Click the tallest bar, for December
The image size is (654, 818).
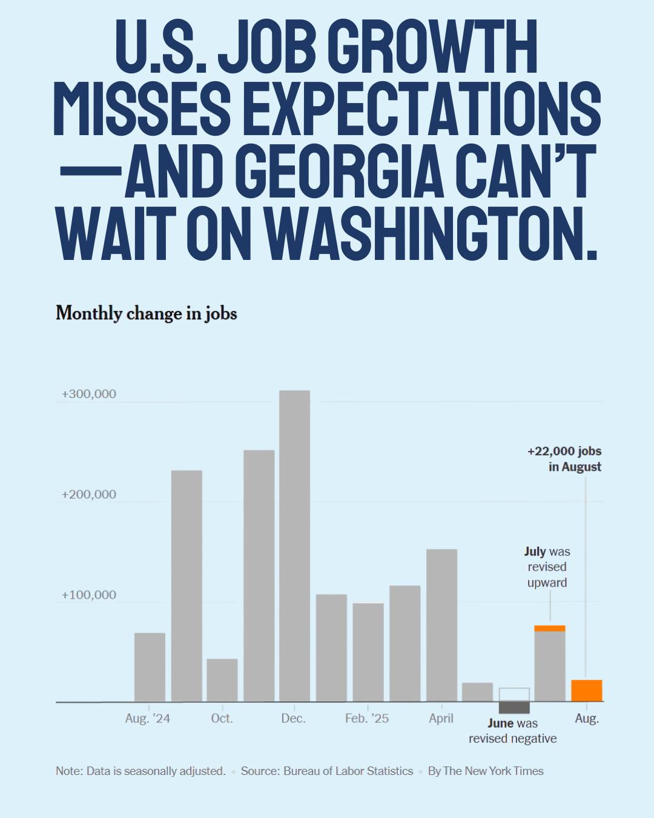pos(294,545)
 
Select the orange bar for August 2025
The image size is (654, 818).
pos(586,691)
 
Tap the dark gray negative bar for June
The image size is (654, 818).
pos(514,707)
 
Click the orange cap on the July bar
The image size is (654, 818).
pos(549,628)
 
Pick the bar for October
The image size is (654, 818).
pos(222,680)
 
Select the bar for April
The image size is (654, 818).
pos(441,625)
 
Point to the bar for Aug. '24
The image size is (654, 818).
pos(150,667)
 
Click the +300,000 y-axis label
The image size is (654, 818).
pos(88,394)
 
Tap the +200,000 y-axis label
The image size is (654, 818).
pos(88,494)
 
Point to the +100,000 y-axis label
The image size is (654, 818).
pos(88,595)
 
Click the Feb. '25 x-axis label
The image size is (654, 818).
pos(367,718)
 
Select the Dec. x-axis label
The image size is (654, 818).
pos(293,718)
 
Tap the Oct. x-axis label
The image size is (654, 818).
pos(222,718)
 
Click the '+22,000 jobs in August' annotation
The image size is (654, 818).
pos(564,459)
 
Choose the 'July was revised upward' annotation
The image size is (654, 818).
pos(547,567)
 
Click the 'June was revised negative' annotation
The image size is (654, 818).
pos(512,731)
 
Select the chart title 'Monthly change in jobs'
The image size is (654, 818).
pos(147,313)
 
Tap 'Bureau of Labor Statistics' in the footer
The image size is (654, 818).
pos(348,771)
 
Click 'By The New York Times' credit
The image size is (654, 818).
pos(486,771)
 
